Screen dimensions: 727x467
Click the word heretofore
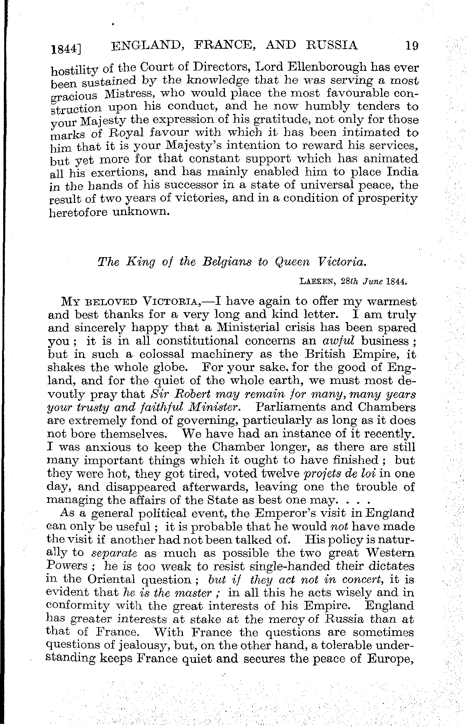pos(77,212)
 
